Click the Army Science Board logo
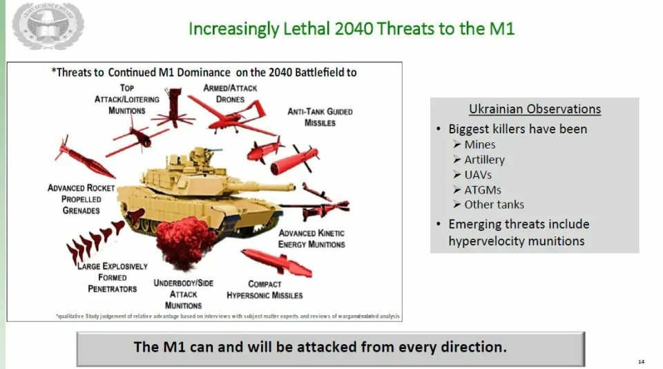click(48, 26)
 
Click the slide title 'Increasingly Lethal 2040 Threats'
click(352, 29)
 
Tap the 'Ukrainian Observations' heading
click(535, 109)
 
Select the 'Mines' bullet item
click(479, 144)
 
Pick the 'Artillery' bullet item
click(484, 160)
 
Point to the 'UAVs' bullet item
click(478, 175)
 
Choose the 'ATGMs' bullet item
click(483, 189)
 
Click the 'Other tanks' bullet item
click(494, 205)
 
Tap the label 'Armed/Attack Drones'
click(231, 93)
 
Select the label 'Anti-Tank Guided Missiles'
click(320, 117)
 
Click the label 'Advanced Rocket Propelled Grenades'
click(81, 199)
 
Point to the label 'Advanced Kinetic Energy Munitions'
click(311, 238)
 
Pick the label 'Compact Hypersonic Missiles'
click(265, 290)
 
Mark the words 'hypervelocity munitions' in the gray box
click(516, 241)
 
